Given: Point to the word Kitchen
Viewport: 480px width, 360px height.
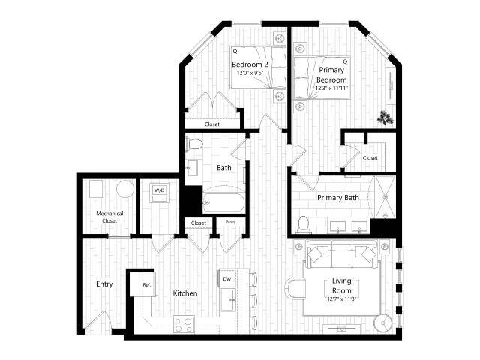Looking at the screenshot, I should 185,293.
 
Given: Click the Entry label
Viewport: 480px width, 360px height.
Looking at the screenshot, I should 103,284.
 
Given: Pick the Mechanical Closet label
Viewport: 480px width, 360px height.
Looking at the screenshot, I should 109,217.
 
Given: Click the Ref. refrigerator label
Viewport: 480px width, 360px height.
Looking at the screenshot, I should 148,285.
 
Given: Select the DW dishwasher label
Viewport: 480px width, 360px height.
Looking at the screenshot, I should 227,279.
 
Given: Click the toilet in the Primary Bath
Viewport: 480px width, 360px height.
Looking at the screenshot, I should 304,223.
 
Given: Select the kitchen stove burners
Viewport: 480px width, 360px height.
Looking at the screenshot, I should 184,324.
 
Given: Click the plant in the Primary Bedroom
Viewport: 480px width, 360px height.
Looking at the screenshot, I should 385,117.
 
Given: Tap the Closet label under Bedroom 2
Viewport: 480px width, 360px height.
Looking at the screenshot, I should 212,124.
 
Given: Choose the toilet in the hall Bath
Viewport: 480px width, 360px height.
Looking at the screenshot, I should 194,144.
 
